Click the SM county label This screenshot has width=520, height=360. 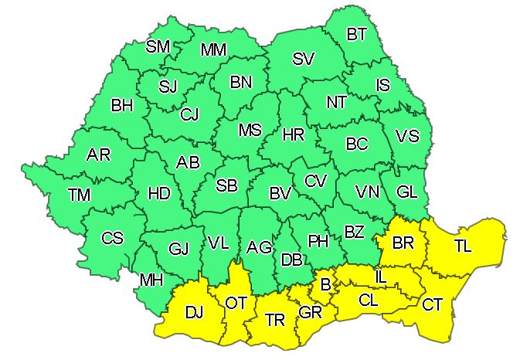coord(158,47)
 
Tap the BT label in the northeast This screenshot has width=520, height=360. coord(357,34)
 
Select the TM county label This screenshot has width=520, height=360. coord(79,195)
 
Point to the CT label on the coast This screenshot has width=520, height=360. coord(432,304)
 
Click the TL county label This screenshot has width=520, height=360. coord(463,246)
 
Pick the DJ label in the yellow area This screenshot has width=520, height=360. coord(194,313)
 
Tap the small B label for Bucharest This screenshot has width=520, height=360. coord(326,286)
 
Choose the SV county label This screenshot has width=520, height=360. coord(304,59)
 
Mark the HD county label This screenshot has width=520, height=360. coord(158,194)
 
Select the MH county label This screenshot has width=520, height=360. coord(151,279)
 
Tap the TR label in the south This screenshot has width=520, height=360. coord(274,319)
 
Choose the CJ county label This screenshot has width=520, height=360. coord(189,114)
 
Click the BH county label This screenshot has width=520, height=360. coord(122,105)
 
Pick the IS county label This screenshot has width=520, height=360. coord(383,85)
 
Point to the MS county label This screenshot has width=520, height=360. coord(250,131)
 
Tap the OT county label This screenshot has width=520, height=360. coord(235,302)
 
